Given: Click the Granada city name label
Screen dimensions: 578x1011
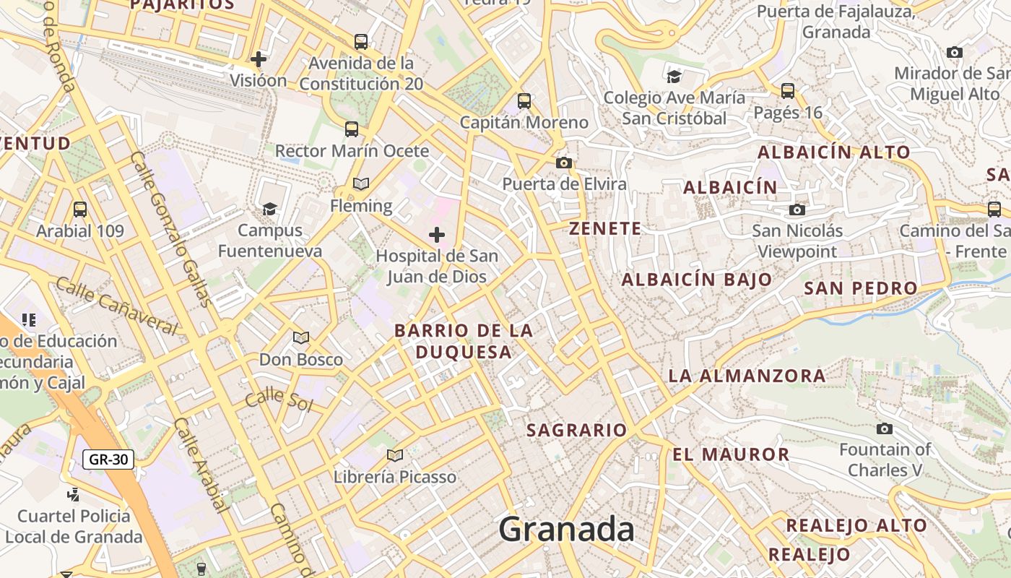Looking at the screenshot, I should point(567,530).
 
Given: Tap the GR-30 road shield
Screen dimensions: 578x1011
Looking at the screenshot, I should point(108,459).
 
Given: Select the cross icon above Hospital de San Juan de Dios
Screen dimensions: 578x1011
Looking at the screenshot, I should point(437,234).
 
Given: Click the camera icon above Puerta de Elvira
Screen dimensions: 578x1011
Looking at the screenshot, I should point(564,163).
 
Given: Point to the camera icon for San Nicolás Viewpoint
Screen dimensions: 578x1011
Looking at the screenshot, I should point(797,210).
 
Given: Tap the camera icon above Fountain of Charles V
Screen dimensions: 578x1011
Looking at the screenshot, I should point(885,428).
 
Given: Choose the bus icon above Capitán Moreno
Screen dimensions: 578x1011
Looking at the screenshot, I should point(524,100).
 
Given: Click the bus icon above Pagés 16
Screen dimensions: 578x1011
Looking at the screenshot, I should point(788,91).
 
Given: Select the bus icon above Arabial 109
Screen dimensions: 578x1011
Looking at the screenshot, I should point(80,210).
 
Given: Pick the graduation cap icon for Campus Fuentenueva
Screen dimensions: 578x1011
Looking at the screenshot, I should point(269,209).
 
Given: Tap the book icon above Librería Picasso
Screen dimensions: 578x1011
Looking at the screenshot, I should point(394,455).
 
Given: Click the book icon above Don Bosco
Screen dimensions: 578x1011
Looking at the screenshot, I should point(301,337).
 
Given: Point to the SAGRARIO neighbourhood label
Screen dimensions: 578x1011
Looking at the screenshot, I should point(576,431).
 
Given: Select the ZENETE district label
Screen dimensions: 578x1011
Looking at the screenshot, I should point(605,229).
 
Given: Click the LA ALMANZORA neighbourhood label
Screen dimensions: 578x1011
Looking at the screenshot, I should point(747,376).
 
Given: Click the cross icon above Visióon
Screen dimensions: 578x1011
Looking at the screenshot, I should point(259,59).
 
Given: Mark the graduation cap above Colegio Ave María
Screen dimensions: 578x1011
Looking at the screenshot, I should point(674,77).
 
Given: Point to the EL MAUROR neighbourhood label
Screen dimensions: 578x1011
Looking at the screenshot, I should point(731,454).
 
